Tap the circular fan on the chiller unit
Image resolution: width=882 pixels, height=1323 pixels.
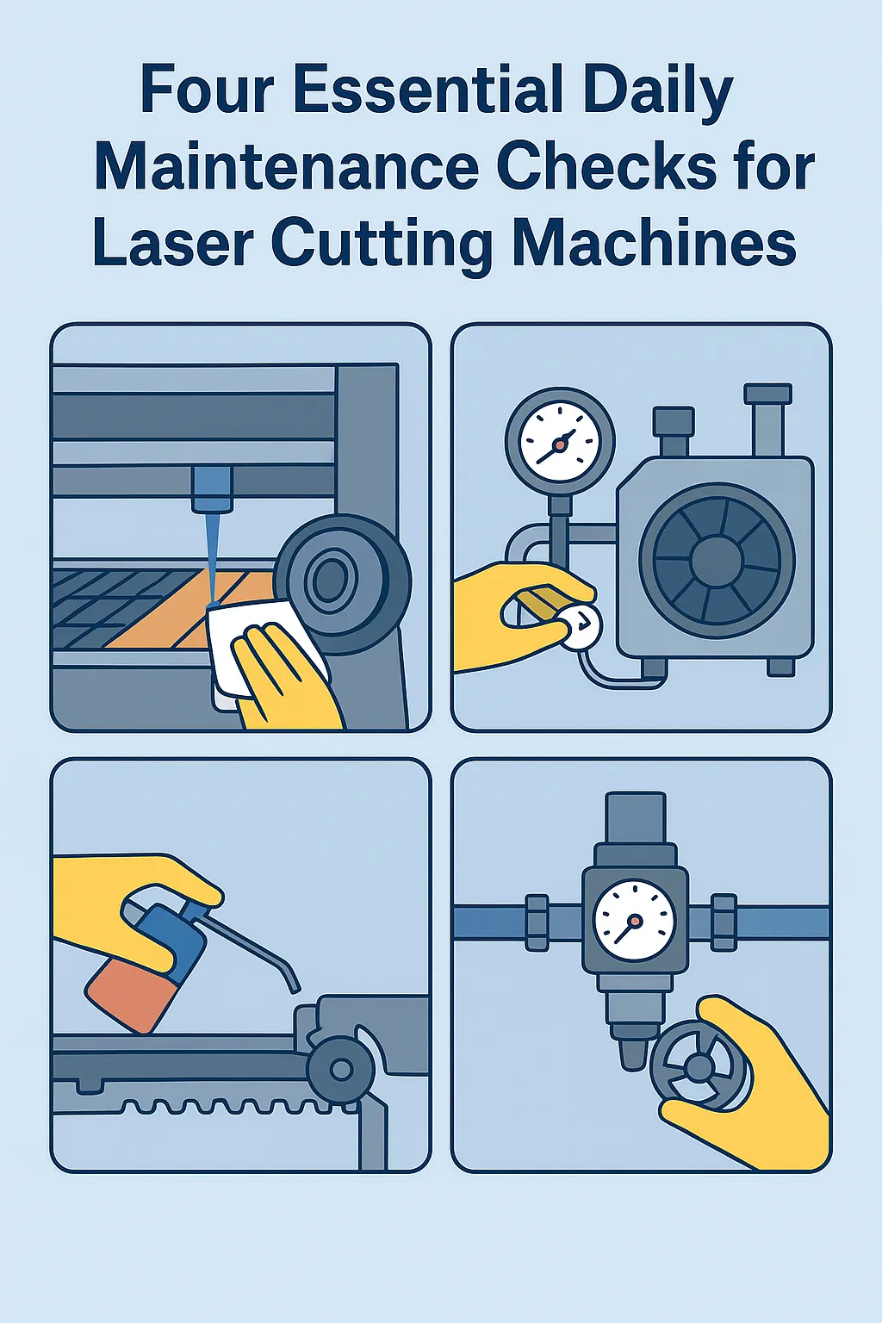(716, 561)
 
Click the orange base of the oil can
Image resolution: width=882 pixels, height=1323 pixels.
(130, 990)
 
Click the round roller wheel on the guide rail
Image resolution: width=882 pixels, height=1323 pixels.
(341, 1071)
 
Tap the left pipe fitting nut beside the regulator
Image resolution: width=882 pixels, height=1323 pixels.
(537, 922)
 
